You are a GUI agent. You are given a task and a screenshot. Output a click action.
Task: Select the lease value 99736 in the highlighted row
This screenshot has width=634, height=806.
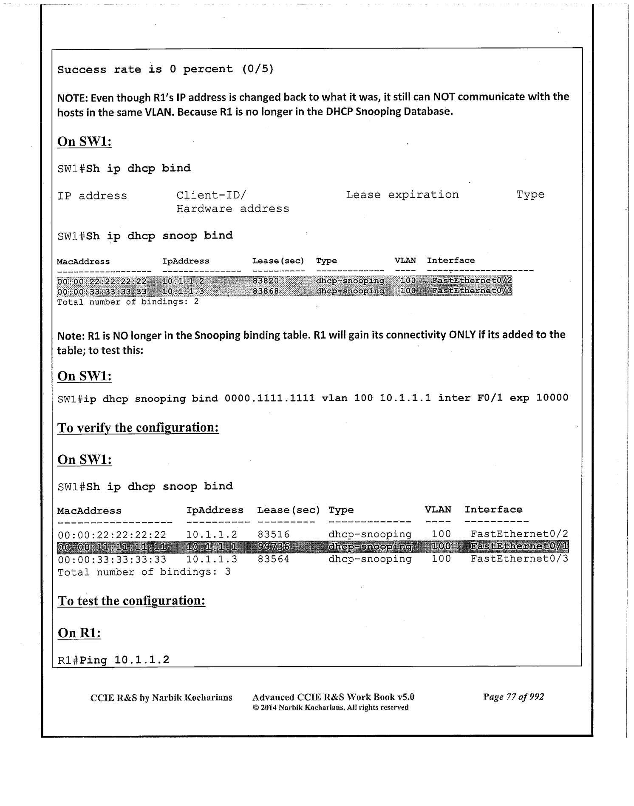coord(274,546)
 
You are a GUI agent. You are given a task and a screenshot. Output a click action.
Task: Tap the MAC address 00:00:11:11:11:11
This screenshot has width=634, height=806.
coord(111,547)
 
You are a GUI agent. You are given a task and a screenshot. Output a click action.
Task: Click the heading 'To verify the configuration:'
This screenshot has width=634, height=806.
coord(138,428)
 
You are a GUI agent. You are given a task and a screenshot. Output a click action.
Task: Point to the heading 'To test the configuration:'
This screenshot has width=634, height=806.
coord(131,601)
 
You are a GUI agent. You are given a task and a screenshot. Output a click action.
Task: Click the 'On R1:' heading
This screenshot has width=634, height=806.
coord(79,633)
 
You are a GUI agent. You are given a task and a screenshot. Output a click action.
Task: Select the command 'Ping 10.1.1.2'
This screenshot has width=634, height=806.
coord(125,660)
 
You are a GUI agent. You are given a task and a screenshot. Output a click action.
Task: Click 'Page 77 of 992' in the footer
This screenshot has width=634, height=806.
coord(513,697)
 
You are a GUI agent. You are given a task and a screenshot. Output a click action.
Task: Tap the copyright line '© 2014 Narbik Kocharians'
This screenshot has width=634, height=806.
coord(330,707)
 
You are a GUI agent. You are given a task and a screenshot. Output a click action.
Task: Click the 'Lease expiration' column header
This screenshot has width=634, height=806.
coord(402,195)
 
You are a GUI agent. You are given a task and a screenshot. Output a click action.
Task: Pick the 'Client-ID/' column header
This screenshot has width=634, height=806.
coord(211,195)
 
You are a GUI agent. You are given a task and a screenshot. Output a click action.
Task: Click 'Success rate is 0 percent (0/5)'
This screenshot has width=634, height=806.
coord(165,69)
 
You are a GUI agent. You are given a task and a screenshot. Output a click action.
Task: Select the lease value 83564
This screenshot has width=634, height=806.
coord(273,559)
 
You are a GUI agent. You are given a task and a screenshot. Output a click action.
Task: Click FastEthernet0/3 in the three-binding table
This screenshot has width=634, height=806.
coord(519,559)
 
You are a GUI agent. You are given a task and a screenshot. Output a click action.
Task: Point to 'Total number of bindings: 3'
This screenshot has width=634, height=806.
coord(144,572)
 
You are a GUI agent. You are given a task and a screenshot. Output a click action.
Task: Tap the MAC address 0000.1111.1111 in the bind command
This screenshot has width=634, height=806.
coord(269,398)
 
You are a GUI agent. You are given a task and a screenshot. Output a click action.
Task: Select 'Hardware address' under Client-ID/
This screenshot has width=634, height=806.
coord(232,209)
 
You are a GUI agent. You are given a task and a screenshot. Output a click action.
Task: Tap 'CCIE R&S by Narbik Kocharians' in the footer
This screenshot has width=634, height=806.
coord(161,697)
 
